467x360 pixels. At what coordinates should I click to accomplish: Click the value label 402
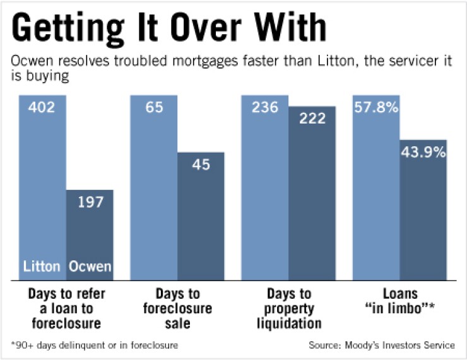[42, 108]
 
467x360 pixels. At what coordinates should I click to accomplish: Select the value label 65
[153, 108]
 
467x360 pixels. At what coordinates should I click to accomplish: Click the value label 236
[265, 108]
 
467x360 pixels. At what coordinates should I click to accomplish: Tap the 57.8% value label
[375, 108]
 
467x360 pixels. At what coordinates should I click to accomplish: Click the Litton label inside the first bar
[42, 267]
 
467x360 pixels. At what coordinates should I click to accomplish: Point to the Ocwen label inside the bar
[90, 267]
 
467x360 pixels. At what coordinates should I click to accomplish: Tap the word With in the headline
[293, 29]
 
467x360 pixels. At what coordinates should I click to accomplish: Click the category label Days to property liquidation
[288, 308]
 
